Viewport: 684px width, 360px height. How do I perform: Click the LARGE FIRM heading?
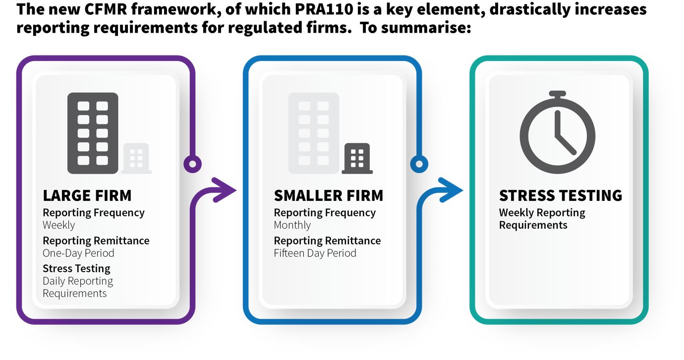pos(87,195)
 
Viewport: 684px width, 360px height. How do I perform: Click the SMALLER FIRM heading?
pos(329,195)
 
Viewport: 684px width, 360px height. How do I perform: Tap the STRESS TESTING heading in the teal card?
pos(561,195)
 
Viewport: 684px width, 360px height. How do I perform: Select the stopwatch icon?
pos(558,132)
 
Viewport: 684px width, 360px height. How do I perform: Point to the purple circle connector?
pos(192,164)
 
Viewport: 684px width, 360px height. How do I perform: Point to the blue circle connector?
pos(419,164)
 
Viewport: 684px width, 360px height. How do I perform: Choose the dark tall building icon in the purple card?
pos(93,133)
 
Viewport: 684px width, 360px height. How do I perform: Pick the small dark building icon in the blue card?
pos(357,159)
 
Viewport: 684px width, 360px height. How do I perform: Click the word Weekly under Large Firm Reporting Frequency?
pos(58,225)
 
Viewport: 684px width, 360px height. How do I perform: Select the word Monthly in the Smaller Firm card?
pos(292,225)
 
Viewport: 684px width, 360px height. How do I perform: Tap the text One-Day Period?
pos(78,253)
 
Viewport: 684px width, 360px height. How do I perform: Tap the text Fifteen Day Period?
pos(315,253)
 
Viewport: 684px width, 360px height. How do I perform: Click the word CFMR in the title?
pos(106,9)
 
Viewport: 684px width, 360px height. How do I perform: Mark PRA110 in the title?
pos(324,9)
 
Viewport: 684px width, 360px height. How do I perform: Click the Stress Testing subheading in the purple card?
pos(76,269)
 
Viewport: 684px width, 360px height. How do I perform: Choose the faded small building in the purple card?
pos(136,159)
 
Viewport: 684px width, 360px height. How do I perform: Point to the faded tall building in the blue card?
pos(314,133)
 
